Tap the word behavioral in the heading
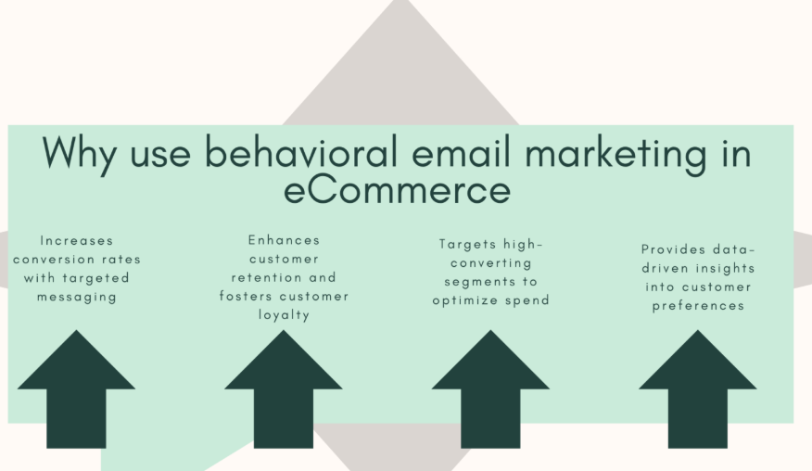[301, 152]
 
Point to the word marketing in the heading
[615, 155]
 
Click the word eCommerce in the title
[398, 190]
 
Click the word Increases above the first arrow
[77, 240]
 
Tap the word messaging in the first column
[77, 297]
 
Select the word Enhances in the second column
[284, 240]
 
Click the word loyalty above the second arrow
[284, 315]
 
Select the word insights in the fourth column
[726, 268]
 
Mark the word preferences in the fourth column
[698, 306]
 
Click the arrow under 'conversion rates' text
[76, 388]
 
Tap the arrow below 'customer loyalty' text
[284, 388]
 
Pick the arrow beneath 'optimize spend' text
[490, 388]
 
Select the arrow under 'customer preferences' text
[698, 388]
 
